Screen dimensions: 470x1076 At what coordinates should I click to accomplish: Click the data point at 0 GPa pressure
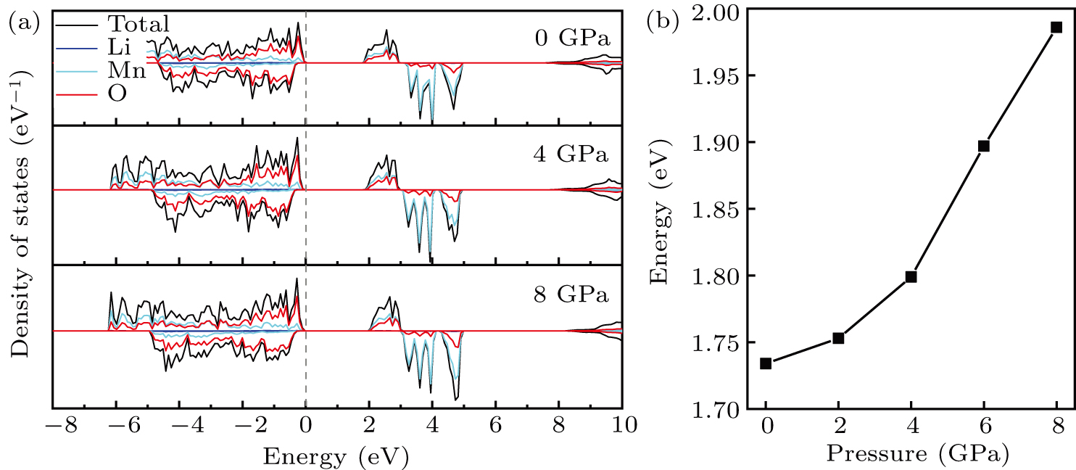(x=766, y=363)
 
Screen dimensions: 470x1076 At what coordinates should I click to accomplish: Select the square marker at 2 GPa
(x=838, y=338)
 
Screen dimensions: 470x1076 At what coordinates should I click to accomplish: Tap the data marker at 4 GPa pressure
(x=911, y=276)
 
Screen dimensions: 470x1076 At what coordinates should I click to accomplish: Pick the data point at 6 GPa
(x=984, y=146)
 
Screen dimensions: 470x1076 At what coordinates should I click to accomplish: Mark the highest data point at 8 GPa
(x=1056, y=28)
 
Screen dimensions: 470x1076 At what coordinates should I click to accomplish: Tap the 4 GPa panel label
(x=568, y=155)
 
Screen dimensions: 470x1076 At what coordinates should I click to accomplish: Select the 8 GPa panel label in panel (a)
(x=568, y=295)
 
